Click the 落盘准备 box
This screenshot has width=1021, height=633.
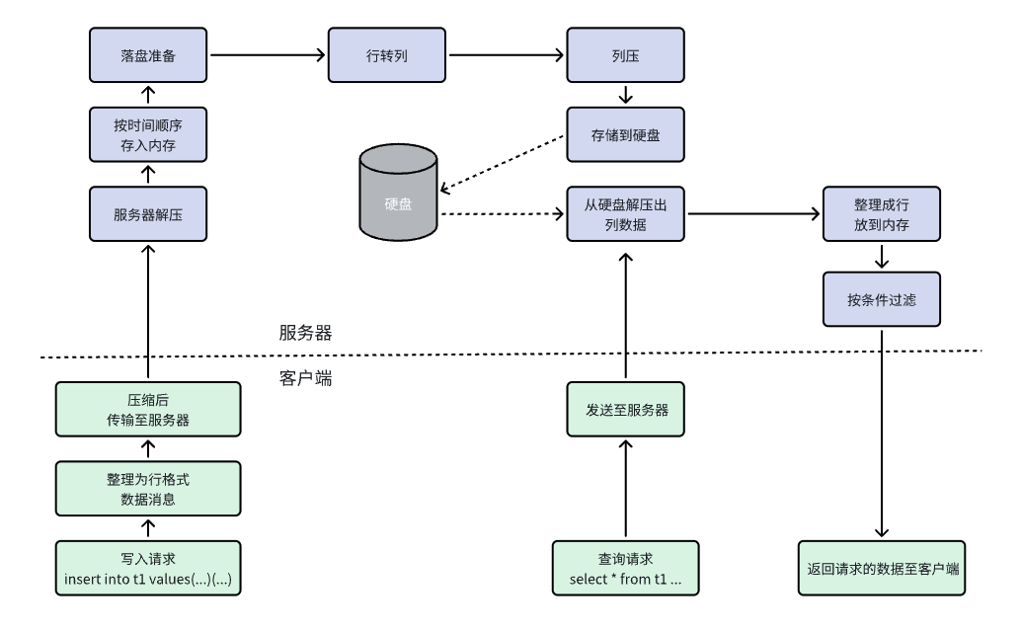pos(148,54)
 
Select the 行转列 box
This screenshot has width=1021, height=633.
pos(387,54)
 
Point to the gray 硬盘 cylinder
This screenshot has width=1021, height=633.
pos(399,194)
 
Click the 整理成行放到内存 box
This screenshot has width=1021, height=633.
pos(882,213)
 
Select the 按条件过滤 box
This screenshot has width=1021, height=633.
pos(882,298)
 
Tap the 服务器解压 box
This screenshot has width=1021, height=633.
pos(148,213)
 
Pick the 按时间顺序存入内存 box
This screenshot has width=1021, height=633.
pos(148,134)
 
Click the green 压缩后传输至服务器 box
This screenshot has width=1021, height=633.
pos(148,410)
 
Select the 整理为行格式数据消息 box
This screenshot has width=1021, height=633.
pos(148,489)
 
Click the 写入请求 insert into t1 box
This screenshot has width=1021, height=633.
pos(148,568)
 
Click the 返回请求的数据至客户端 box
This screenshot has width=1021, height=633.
pos(882,568)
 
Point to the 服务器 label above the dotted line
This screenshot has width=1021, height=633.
pos(305,333)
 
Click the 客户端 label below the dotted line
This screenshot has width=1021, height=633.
pos(305,376)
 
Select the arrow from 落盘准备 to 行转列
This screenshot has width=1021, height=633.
pos(267,54)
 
